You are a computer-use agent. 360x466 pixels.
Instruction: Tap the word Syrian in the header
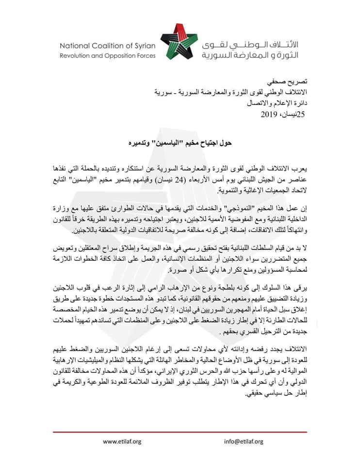coord(144,46)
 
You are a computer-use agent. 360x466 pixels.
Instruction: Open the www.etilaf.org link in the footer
coord(122,441)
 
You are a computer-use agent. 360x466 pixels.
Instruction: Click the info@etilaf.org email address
coord(244,441)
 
